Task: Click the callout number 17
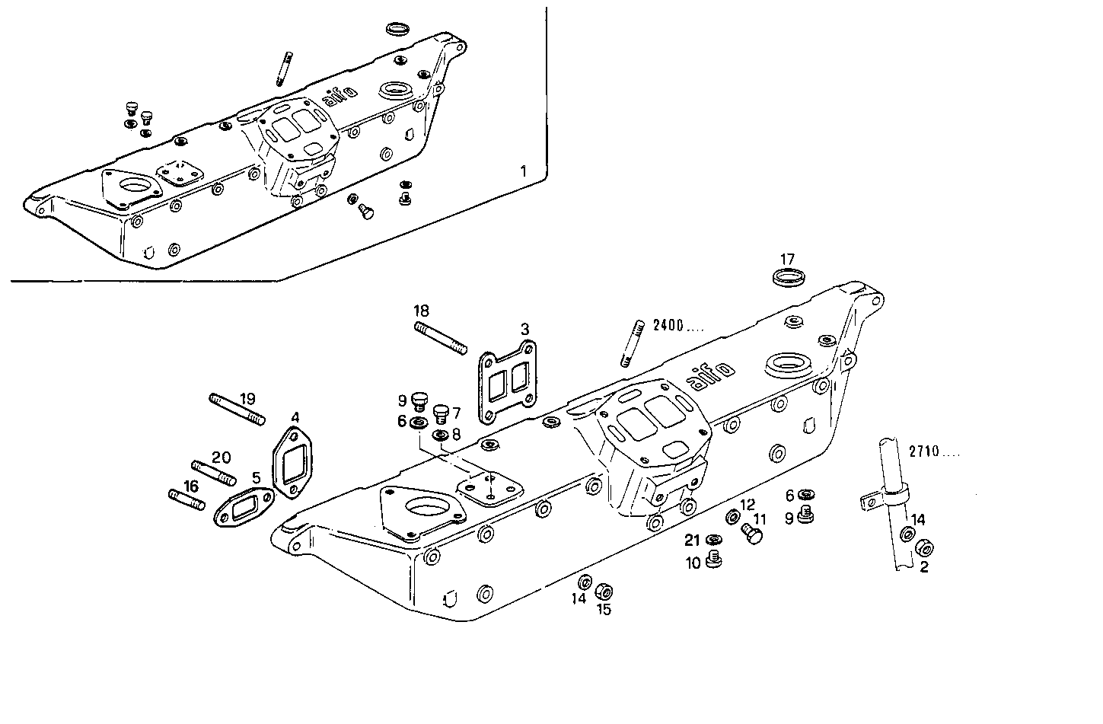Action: tap(787, 259)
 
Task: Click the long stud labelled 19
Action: tap(237, 408)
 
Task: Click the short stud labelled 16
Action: tap(186, 500)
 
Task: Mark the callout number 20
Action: tap(221, 458)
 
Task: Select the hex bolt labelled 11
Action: tap(752, 535)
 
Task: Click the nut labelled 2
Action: tap(924, 547)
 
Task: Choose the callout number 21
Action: tap(691, 541)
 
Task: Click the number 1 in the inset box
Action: tap(522, 171)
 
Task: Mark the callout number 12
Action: tap(748, 504)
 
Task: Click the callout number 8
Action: tap(457, 435)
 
